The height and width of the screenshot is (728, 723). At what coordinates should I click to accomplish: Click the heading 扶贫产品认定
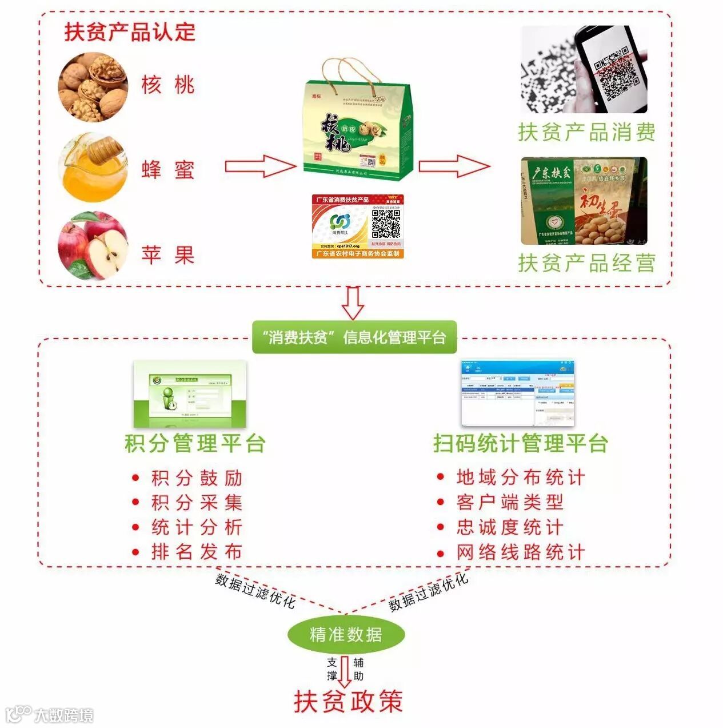point(130,32)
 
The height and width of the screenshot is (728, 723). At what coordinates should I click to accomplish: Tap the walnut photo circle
point(93,87)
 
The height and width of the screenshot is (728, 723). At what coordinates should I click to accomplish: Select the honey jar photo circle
point(93,168)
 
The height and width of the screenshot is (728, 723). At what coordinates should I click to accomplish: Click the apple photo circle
point(93,246)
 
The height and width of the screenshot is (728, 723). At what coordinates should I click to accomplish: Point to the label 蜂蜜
point(168,170)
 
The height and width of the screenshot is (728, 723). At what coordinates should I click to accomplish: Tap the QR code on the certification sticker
point(386,224)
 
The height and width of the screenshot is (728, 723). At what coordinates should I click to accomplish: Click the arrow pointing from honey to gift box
point(260,166)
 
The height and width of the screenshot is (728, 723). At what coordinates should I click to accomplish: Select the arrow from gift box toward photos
point(454,166)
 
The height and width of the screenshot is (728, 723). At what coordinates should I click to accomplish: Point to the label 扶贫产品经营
point(586,263)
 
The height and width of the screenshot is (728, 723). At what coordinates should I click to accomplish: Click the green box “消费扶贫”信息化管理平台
point(354,337)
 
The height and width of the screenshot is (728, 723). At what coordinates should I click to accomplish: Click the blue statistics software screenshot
point(517,393)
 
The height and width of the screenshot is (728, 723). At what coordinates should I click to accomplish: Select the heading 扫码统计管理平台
point(520,443)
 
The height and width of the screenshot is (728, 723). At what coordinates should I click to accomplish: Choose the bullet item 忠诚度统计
point(510,527)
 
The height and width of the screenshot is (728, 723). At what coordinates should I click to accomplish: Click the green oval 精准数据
point(345,634)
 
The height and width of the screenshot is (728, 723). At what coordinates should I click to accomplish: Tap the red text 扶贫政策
point(348,702)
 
